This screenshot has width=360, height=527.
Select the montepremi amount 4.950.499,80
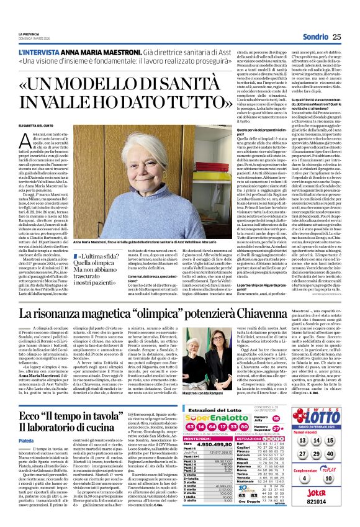214,444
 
